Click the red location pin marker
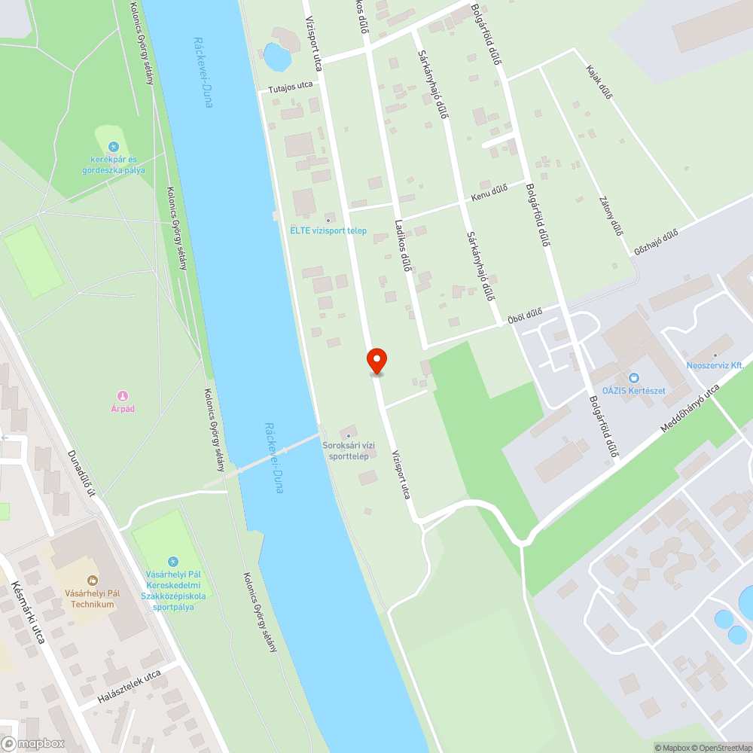376,360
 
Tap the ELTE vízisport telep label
328,230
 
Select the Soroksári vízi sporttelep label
346,451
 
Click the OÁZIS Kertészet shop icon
634,378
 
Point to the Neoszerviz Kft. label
715,365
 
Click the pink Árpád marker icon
122,396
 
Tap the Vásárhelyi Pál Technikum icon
93,581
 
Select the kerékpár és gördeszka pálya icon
113,147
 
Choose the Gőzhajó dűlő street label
656,237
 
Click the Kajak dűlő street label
599,81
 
